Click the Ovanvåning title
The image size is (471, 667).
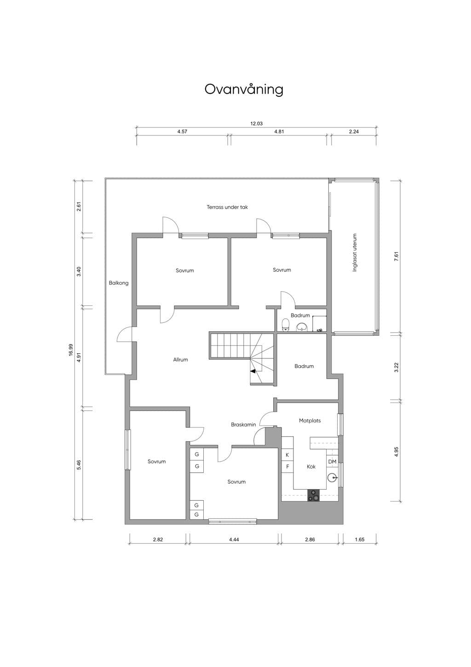coord(244,89)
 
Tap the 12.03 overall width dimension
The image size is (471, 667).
coord(256,123)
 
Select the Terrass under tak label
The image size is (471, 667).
coord(227,207)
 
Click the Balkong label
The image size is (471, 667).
coord(119,283)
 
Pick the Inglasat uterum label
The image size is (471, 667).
coord(355,252)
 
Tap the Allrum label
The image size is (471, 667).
coord(180,359)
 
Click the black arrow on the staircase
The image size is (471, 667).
coord(253,371)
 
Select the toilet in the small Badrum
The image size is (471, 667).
coord(286,325)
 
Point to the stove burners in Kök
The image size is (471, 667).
coord(314,496)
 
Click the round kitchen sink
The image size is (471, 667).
coord(332,478)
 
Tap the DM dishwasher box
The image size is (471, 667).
coord(332,462)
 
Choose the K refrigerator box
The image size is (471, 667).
coord(287,455)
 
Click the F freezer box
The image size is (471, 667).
coord(287,467)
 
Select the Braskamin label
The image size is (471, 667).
coord(243,425)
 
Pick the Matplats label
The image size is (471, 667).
coord(310,421)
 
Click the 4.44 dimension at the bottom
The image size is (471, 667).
coord(234,539)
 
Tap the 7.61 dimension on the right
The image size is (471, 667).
coord(396,257)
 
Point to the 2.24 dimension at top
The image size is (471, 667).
coord(354,131)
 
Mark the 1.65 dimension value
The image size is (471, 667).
coord(360,539)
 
